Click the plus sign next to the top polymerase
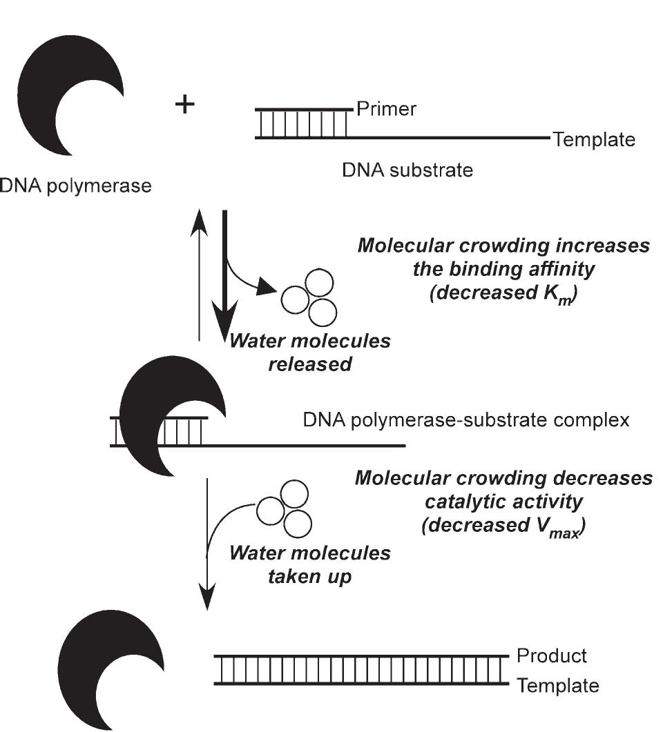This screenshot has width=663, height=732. coord(184,105)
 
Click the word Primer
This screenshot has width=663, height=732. coord(386,109)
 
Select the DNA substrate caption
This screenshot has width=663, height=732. coord(407,170)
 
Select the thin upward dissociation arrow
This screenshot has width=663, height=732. coord(199,276)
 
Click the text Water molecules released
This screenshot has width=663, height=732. coord(309,352)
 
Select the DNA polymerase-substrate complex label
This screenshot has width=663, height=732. coord(466,419)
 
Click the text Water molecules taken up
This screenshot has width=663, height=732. coord(309,564)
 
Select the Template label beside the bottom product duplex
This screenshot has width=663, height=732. coord(558,686)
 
